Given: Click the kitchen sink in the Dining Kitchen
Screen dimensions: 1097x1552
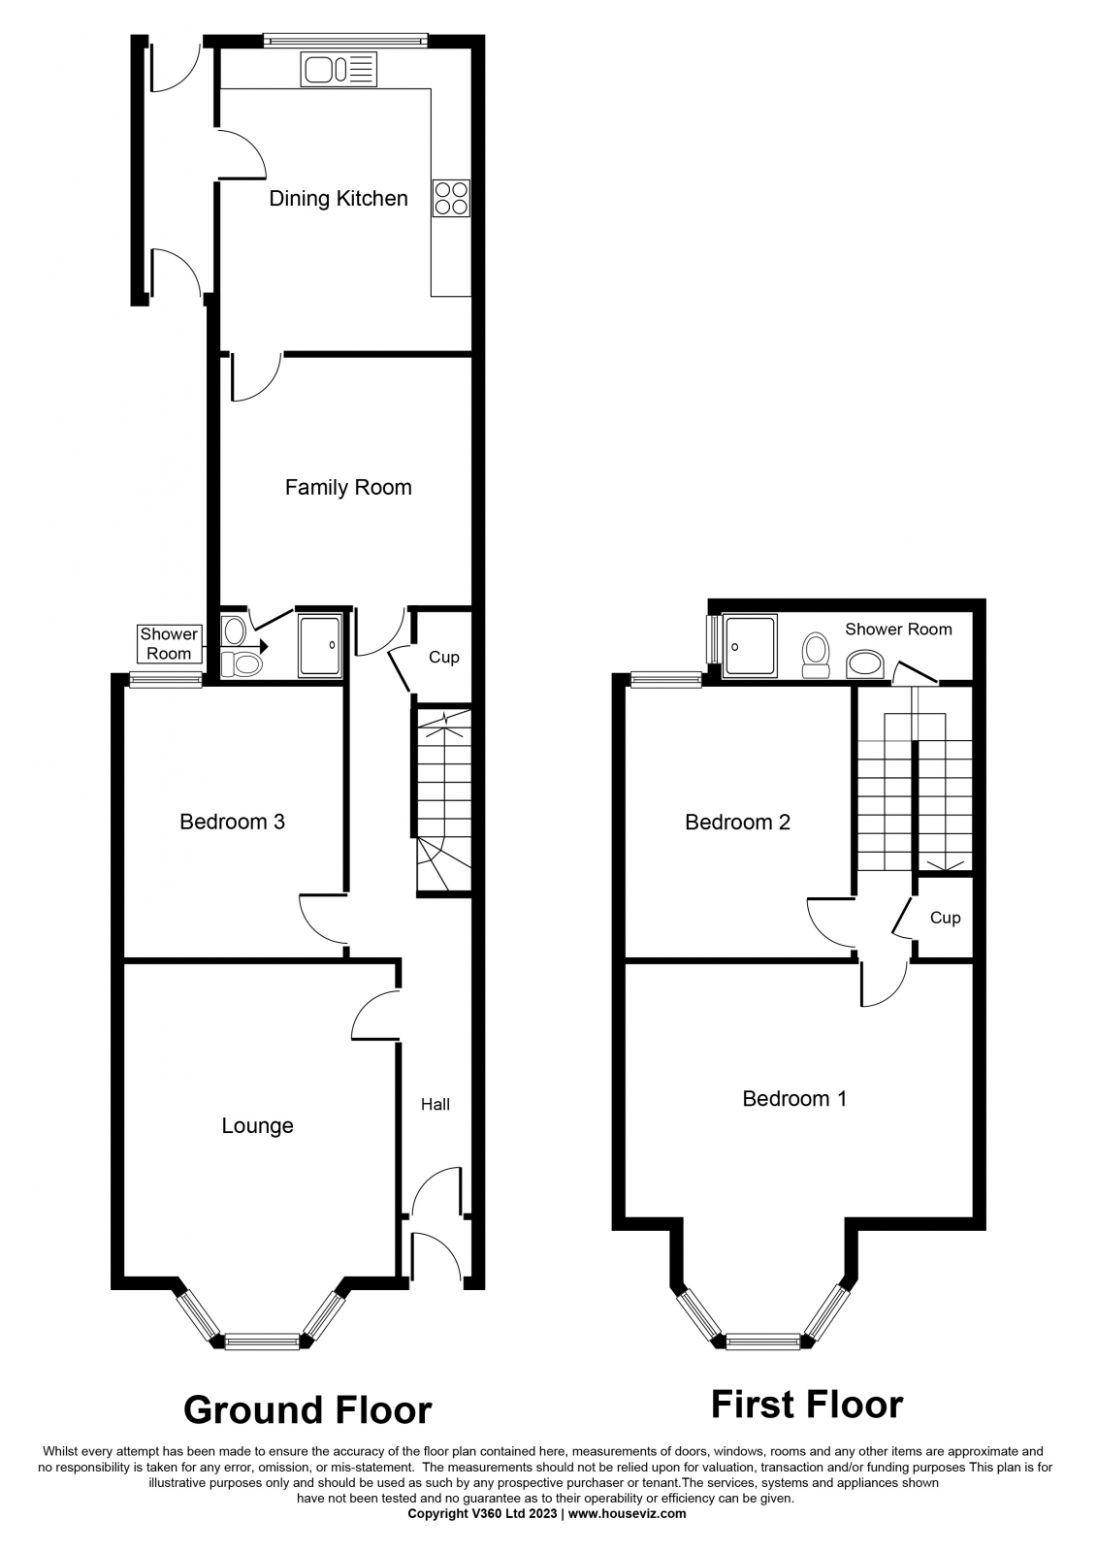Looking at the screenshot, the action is tap(339, 69).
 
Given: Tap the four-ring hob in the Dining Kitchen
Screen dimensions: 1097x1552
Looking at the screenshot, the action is tap(451, 198).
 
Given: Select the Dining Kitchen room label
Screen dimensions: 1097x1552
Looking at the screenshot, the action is tap(339, 199).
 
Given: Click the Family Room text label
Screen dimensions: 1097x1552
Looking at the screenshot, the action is tap(348, 488).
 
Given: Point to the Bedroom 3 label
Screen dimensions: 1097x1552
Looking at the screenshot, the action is tap(232, 822).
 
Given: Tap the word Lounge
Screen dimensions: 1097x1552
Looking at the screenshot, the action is tap(257, 1126).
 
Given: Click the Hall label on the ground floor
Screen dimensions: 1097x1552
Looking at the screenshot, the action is tap(436, 1105).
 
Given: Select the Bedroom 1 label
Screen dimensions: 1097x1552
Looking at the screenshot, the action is tap(794, 1099).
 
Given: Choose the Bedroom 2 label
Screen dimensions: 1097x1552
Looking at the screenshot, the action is tap(737, 823).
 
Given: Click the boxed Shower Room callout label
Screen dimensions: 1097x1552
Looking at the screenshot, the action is tap(169, 644).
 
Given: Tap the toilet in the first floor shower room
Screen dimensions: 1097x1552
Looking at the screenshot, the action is tap(815, 655).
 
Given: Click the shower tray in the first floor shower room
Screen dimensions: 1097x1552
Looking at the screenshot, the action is tap(749, 646).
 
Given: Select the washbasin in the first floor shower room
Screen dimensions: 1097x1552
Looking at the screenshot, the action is tap(865, 663).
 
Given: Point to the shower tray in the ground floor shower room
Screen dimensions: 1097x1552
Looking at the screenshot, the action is tap(320, 645).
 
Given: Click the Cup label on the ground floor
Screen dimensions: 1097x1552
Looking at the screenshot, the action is tap(443, 657).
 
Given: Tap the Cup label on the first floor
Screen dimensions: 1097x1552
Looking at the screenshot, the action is tap(945, 918).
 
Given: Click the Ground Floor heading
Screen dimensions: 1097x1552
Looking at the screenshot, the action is tap(307, 1410).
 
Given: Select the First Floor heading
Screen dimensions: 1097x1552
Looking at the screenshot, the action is tap(807, 1405).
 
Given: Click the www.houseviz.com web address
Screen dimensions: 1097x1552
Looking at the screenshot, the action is tap(628, 1534).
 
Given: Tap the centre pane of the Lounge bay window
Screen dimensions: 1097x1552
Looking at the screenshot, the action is tap(263, 1342).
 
